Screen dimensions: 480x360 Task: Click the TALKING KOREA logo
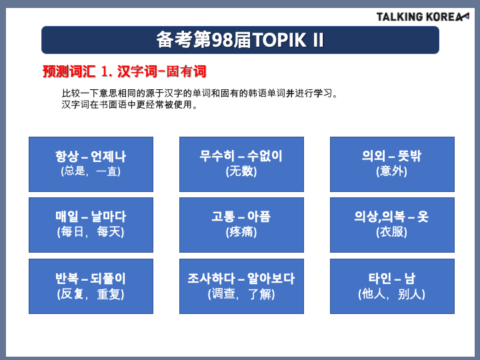click(x=423, y=17)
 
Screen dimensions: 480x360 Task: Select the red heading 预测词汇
click(x=69, y=71)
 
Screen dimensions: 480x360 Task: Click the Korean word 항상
click(x=67, y=156)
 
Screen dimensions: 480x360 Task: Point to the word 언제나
click(x=109, y=156)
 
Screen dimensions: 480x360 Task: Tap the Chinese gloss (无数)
click(x=241, y=171)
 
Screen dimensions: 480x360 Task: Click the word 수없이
click(x=265, y=156)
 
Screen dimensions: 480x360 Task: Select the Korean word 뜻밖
click(x=409, y=156)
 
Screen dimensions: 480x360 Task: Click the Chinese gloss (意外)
click(x=392, y=171)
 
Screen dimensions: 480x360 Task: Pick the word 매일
click(x=67, y=217)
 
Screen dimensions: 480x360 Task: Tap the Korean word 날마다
click(x=109, y=217)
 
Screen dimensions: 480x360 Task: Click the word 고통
click(x=223, y=217)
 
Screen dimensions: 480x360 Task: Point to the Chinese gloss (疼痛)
click(x=241, y=232)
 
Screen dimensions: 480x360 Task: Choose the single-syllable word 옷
click(x=423, y=217)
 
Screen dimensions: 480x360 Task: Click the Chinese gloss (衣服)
click(x=392, y=232)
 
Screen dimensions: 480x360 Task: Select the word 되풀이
click(x=108, y=278)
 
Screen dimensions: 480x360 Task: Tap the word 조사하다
click(x=211, y=278)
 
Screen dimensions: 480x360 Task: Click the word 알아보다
click(x=271, y=278)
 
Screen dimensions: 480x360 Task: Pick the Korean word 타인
click(x=380, y=278)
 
